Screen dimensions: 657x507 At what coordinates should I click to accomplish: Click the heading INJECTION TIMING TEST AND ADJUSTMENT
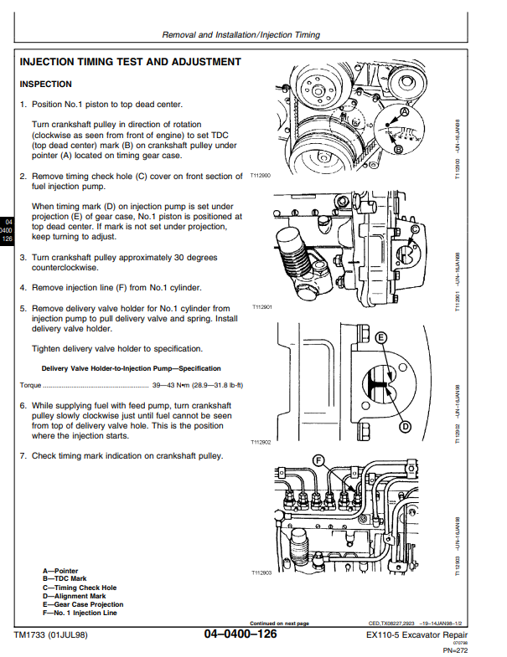pyautogui.click(x=130, y=62)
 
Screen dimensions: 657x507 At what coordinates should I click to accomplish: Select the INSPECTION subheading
pyautogui.click(x=45, y=85)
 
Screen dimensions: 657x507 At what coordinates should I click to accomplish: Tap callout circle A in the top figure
pyautogui.click(x=405, y=111)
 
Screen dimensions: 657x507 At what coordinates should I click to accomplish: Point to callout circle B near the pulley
pyautogui.click(x=398, y=149)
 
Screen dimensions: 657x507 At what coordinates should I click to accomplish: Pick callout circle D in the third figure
pyautogui.click(x=404, y=427)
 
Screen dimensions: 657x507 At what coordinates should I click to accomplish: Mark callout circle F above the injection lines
pyautogui.click(x=318, y=460)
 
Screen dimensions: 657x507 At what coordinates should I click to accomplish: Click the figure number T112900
pyautogui.click(x=261, y=177)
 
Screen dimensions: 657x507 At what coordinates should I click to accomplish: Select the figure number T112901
pyautogui.click(x=262, y=308)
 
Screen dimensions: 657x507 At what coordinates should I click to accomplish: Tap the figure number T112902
pyautogui.click(x=261, y=441)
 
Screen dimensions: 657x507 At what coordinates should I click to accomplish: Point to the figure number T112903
pyautogui.click(x=261, y=573)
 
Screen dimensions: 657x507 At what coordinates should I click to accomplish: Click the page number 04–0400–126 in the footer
pyautogui.click(x=240, y=635)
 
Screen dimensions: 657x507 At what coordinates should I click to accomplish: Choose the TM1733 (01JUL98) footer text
pyautogui.click(x=50, y=635)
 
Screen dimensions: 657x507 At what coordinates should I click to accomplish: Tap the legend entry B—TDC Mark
pyautogui.click(x=65, y=578)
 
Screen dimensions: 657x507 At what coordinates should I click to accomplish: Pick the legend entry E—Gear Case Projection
pyautogui.click(x=82, y=604)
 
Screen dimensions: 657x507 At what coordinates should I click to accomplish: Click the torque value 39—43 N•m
pyautogui.click(x=174, y=385)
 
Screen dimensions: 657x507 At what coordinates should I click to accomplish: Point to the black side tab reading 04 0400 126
pyautogui.click(x=8, y=230)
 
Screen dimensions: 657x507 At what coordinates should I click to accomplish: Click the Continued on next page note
pyautogui.click(x=279, y=623)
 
